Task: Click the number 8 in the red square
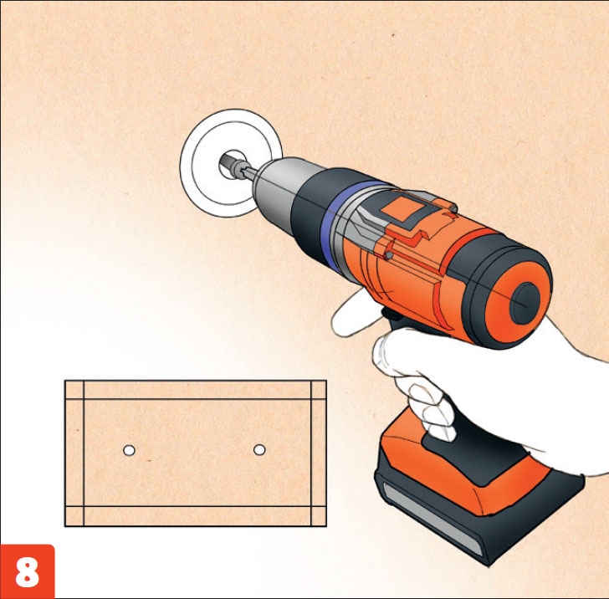click(x=27, y=572)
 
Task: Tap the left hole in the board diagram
click(x=129, y=450)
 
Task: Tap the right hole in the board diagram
click(x=259, y=449)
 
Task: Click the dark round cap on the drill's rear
click(x=525, y=303)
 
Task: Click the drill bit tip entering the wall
click(x=229, y=163)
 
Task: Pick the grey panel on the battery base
click(x=431, y=517)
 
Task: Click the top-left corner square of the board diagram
click(x=74, y=390)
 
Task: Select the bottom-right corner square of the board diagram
click(x=319, y=516)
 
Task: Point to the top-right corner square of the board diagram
click(x=319, y=390)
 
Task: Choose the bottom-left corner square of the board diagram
click(x=74, y=516)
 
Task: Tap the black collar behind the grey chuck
click(x=309, y=218)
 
